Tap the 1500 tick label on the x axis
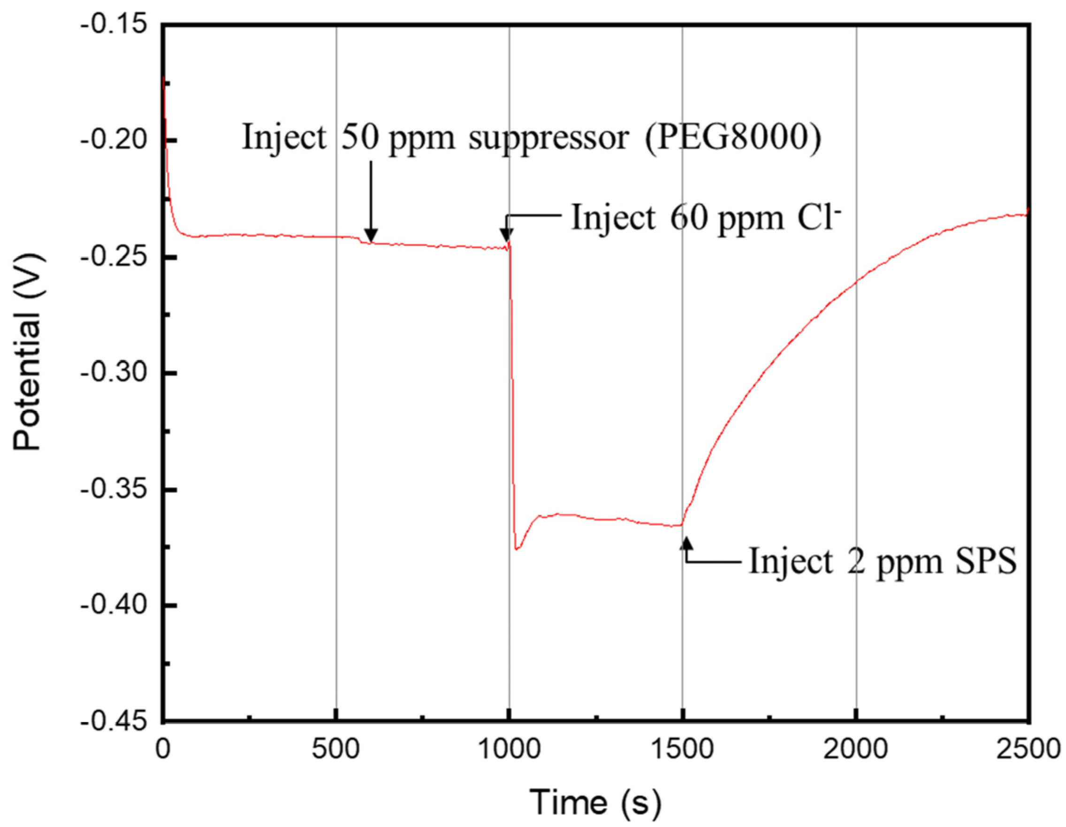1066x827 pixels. click(x=682, y=749)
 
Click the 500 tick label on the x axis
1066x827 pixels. click(x=336, y=749)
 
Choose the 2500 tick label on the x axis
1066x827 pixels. click(x=1030, y=749)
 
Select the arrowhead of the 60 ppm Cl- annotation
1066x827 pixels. click(x=506, y=236)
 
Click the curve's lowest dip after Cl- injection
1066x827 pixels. click(x=517, y=549)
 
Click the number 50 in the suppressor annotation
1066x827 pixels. click(x=358, y=138)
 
